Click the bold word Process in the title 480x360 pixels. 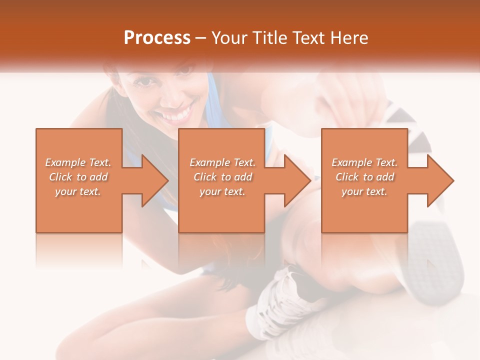click(x=157, y=38)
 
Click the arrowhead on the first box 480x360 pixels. click(x=152, y=180)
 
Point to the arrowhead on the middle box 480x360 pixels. click(x=295, y=180)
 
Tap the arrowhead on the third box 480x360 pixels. click(x=438, y=180)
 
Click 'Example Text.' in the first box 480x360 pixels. click(x=78, y=162)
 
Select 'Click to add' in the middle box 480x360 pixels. click(x=222, y=177)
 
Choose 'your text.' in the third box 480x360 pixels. click(x=364, y=191)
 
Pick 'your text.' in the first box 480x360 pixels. click(x=78, y=191)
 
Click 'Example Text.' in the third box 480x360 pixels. click(x=364, y=162)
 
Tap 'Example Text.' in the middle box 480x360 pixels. click(x=222, y=162)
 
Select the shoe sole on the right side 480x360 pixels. click(x=435, y=260)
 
